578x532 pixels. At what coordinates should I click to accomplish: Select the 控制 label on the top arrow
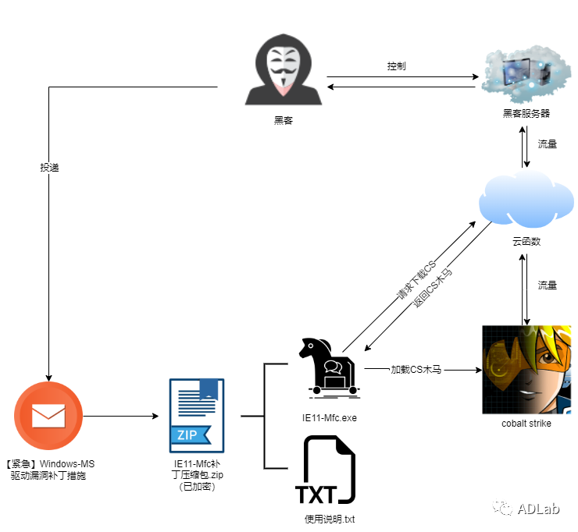[x=397, y=66]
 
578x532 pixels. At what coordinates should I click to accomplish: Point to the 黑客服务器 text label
[x=526, y=113]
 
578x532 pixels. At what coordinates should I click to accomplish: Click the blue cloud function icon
[x=525, y=202]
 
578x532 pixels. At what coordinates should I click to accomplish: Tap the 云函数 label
[x=526, y=242]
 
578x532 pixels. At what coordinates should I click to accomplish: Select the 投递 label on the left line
[x=49, y=168]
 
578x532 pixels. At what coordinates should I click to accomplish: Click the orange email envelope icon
[x=48, y=417]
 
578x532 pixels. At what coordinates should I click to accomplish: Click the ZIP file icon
[x=197, y=415]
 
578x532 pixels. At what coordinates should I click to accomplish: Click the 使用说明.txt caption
[x=330, y=519]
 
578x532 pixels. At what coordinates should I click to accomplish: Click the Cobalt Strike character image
[x=525, y=369]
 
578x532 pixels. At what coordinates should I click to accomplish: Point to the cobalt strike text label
[x=526, y=424]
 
